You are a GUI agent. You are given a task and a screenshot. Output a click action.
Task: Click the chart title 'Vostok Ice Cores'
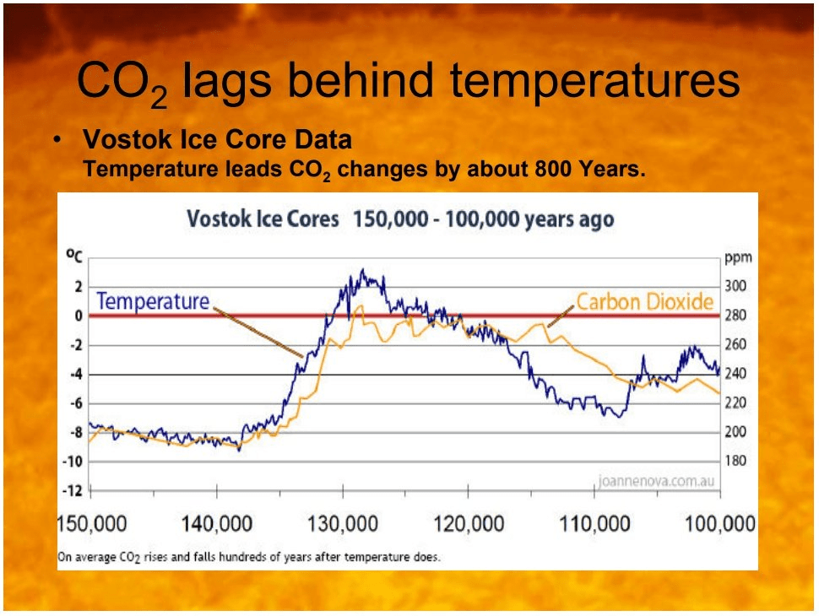pyautogui.click(x=262, y=219)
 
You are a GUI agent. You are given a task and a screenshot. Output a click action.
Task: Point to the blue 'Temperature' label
pyautogui.click(x=152, y=301)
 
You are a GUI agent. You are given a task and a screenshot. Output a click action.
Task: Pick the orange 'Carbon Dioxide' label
pyautogui.click(x=645, y=301)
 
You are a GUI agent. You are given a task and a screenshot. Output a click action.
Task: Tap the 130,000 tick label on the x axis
pyautogui.click(x=341, y=524)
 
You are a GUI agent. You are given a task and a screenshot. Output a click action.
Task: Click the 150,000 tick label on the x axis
pyautogui.click(x=91, y=524)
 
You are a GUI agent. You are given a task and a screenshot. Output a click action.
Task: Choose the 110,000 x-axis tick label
pyautogui.click(x=594, y=524)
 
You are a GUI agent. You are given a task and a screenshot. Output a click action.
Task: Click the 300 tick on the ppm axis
pyautogui.click(x=735, y=287)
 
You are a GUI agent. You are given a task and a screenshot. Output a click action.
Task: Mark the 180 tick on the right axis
pyautogui.click(x=735, y=462)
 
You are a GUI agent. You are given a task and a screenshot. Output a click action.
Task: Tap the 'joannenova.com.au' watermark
pyautogui.click(x=656, y=482)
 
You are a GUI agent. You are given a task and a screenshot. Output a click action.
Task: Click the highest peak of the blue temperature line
pyautogui.click(x=362, y=270)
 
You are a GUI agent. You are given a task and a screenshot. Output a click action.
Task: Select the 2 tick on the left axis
pyautogui.click(x=78, y=287)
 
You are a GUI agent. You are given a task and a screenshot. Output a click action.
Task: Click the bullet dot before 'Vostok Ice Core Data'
pyautogui.click(x=57, y=139)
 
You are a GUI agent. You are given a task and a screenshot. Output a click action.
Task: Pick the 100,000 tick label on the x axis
pyautogui.click(x=719, y=524)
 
